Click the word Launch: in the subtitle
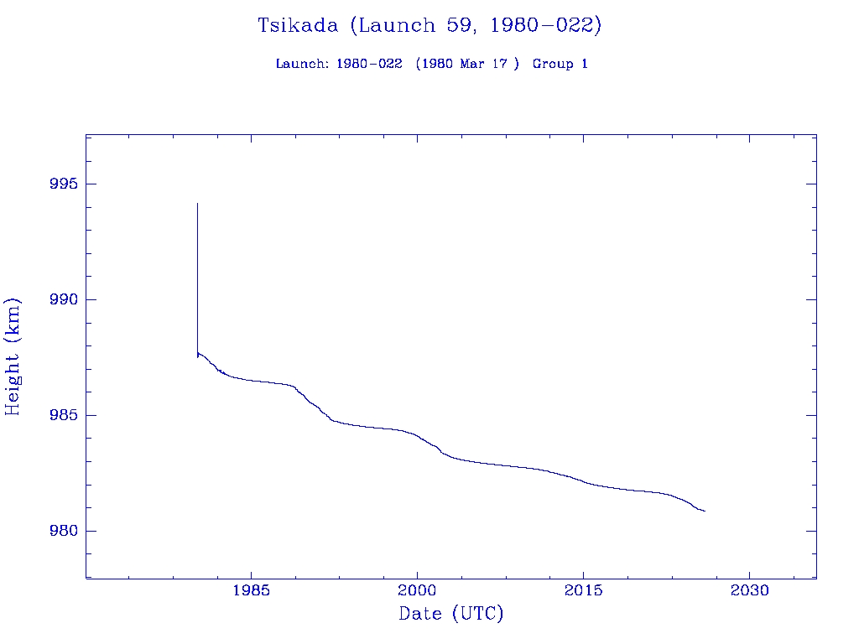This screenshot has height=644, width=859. [x=302, y=64]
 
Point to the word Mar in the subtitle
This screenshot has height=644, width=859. [x=472, y=64]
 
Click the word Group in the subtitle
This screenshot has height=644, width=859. [x=551, y=64]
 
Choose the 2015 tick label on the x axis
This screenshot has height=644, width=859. [x=584, y=590]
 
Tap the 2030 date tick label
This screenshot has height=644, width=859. [x=750, y=590]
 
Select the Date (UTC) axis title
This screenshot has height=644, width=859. [x=451, y=614]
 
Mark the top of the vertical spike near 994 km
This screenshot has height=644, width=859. [x=197, y=203]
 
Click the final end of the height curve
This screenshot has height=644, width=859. [x=705, y=511]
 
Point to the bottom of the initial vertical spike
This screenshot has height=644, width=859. [x=197, y=357]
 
